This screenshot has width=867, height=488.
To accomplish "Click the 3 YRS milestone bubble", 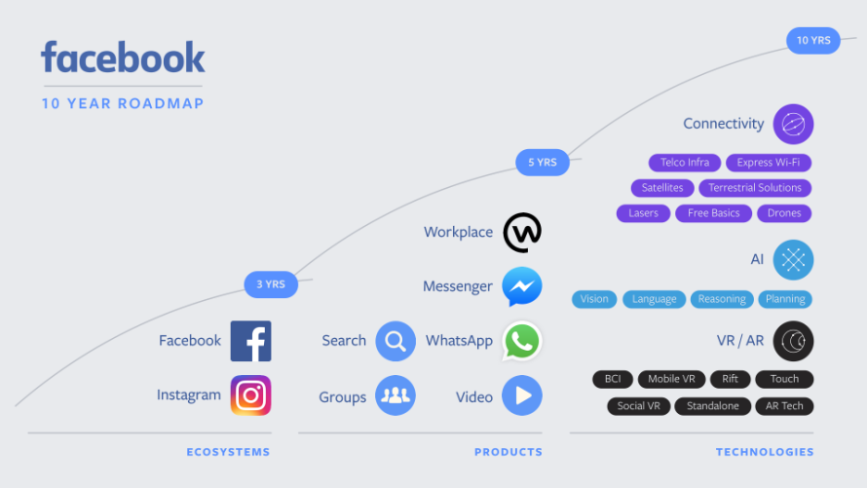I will (271, 284).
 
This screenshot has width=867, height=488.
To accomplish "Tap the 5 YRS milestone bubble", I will (543, 162).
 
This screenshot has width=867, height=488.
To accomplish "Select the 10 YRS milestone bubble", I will (813, 40).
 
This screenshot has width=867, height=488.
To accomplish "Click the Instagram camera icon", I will (250, 395).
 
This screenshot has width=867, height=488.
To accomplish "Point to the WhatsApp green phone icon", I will (522, 341).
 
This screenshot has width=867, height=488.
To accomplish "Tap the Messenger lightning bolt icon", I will (522, 287).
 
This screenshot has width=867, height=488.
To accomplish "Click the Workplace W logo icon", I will (522, 233).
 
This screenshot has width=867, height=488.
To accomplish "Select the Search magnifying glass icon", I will (395, 341).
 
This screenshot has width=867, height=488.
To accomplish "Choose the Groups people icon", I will (395, 395).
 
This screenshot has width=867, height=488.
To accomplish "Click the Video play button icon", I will (522, 395).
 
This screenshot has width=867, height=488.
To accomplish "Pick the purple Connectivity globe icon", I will (793, 124).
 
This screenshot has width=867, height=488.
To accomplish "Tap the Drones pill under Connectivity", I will (784, 213).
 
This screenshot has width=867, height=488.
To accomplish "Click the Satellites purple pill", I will (662, 188).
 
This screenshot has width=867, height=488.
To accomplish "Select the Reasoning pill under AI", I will (722, 299).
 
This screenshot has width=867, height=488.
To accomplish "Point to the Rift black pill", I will (730, 379).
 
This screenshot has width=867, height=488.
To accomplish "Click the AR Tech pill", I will (784, 406).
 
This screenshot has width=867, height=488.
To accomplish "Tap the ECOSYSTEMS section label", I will (228, 452).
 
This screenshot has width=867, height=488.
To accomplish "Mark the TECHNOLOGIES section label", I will (765, 452).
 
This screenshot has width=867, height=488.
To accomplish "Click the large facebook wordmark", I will (123, 58).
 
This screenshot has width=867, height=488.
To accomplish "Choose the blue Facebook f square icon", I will (250, 341).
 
